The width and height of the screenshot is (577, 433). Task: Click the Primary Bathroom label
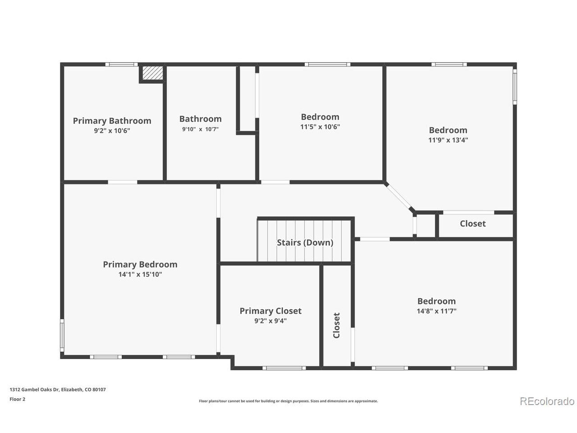112,121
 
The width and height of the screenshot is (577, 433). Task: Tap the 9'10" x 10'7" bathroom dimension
200,129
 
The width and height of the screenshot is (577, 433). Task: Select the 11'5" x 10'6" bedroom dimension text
320,127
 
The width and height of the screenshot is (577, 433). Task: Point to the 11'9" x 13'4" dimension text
448,140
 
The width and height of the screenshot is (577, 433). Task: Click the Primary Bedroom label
140,264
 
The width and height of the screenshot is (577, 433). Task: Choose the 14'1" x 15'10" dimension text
140,274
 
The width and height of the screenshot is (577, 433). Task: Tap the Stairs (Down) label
305,242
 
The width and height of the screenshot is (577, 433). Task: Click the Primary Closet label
270,311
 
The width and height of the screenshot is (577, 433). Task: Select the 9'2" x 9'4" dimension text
270,321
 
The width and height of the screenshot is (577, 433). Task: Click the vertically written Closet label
336,325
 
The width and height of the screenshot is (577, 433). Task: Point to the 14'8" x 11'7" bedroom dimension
436,311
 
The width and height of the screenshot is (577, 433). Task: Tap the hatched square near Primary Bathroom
152,73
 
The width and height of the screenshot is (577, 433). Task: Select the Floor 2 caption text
17,399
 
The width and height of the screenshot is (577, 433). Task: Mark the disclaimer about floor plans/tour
288,401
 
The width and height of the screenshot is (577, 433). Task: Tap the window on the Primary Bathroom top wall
121,64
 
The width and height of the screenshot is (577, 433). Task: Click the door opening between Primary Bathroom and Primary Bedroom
123,182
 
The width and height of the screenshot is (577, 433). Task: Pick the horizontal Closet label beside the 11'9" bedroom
472,223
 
